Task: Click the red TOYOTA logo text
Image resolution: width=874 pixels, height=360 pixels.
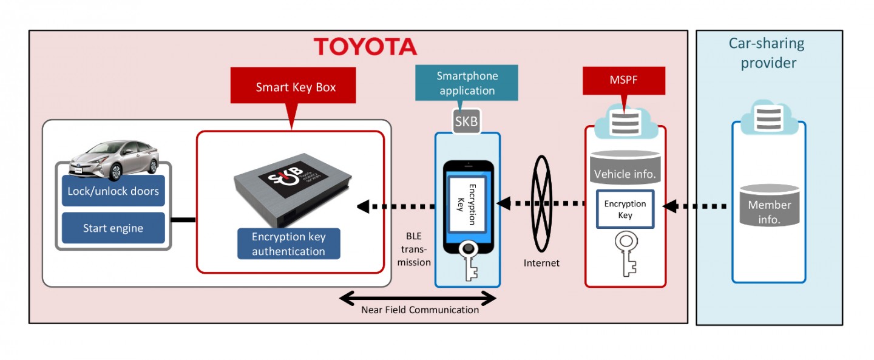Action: (x=365, y=47)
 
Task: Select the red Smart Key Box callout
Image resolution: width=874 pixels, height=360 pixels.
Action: (x=296, y=87)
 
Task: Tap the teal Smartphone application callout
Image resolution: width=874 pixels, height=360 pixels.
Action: (x=467, y=84)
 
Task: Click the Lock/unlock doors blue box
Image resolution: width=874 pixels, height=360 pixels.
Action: (x=113, y=191)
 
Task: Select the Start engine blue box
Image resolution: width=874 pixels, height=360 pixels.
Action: (x=113, y=228)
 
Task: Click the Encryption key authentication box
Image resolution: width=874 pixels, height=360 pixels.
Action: (x=288, y=244)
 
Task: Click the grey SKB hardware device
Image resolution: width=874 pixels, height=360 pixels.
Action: (x=290, y=189)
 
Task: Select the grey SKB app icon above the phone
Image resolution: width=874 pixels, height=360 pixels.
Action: (x=467, y=121)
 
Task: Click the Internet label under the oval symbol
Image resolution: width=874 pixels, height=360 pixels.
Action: (x=541, y=263)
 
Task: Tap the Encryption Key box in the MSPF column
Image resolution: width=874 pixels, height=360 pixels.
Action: (x=625, y=209)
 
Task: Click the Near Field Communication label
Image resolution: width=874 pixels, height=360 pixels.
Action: (x=420, y=310)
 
